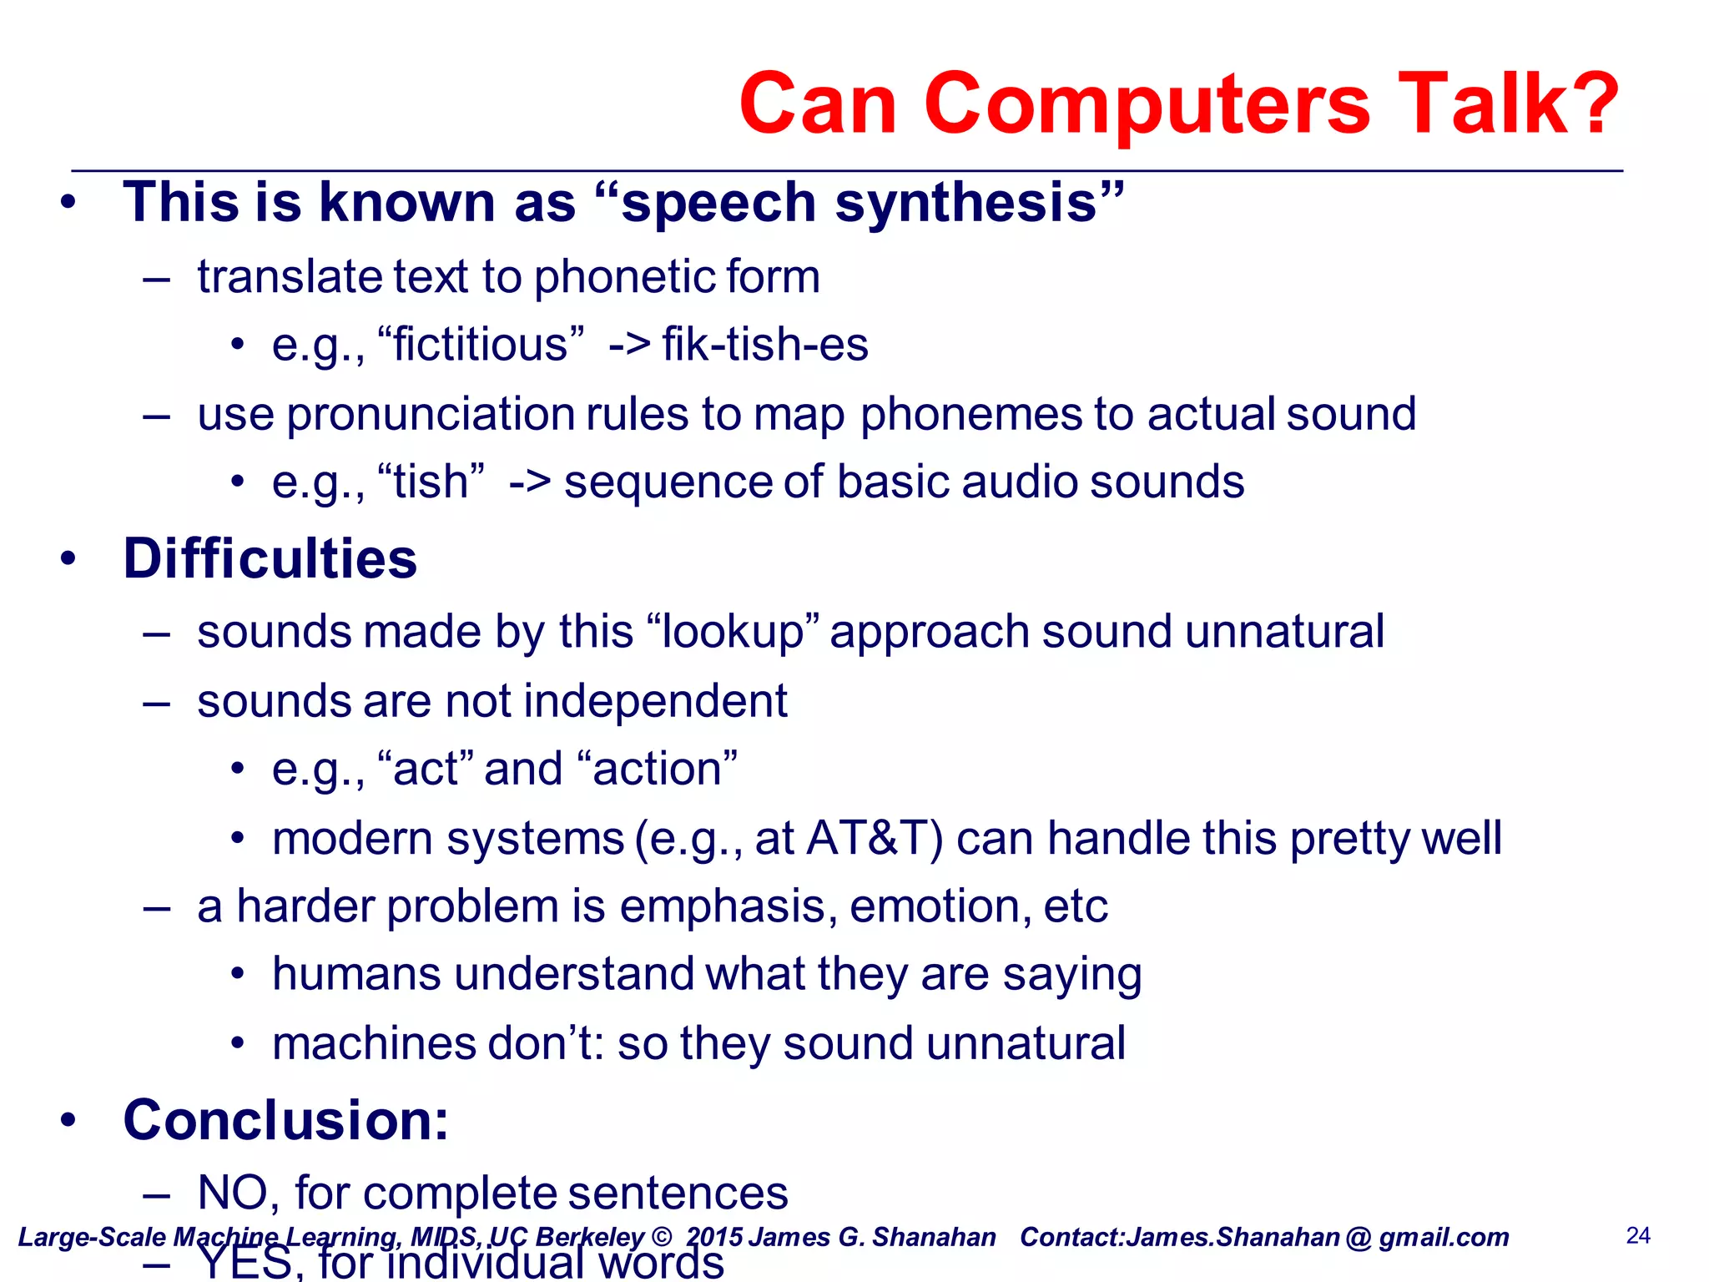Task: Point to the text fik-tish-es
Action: pos(764,345)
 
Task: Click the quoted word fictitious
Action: pos(481,345)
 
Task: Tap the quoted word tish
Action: pos(431,482)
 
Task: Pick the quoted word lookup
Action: pos(732,632)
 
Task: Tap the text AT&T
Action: pos(874,838)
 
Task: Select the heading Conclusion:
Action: pos(285,1120)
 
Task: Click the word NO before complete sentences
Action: pos(237,1193)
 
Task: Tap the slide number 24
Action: pos(1638,1235)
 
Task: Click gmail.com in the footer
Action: pos(1443,1237)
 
